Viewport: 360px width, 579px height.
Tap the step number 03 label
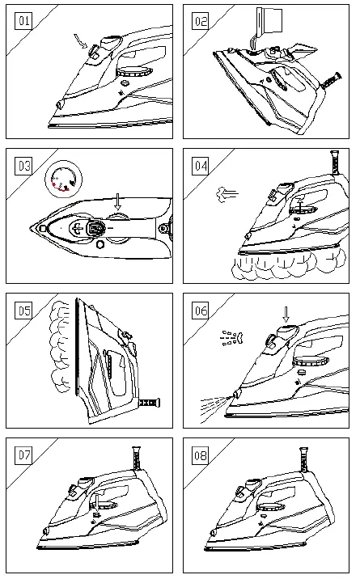[25, 167]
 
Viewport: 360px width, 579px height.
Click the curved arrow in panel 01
[79, 40]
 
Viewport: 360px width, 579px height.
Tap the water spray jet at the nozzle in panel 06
[213, 400]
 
